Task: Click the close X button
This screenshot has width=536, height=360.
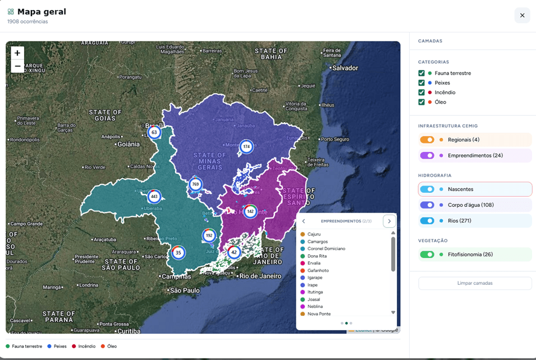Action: point(522,16)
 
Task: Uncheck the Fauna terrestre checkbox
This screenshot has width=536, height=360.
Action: point(422,73)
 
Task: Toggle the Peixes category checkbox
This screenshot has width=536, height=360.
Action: point(422,83)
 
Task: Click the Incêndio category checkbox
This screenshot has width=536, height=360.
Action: point(422,93)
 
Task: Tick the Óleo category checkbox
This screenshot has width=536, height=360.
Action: point(422,102)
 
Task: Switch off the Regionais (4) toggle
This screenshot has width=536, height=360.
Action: point(427,140)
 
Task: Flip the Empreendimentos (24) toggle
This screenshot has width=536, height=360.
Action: point(427,155)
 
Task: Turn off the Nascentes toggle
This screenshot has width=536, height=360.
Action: point(427,190)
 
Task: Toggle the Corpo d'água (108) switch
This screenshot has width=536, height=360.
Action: point(427,205)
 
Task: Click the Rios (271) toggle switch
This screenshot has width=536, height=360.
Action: point(427,221)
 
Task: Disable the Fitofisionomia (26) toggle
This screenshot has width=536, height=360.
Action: point(427,255)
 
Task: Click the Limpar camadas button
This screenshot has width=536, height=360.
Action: point(475,283)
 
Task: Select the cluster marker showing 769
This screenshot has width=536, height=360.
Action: point(195,184)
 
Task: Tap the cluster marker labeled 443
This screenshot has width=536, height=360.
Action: point(154,197)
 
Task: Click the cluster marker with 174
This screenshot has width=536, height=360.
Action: point(246,147)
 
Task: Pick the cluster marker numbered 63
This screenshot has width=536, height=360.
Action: point(154,132)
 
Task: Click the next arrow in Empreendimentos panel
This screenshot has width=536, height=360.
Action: point(389,221)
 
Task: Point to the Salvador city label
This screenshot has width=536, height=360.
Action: point(345,68)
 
